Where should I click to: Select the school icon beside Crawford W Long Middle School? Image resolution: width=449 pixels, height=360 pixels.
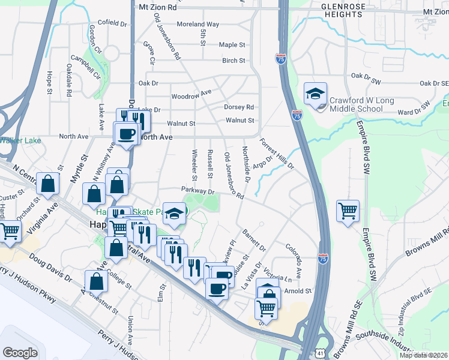point(315,94)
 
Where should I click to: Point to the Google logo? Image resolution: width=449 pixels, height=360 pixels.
point(20,352)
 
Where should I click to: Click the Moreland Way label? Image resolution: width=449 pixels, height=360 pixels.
point(197,25)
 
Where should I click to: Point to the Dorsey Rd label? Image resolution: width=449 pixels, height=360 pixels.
point(239,107)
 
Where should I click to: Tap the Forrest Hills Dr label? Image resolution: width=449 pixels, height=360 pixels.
point(276,154)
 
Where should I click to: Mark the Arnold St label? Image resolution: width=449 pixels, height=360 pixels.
point(299,291)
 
